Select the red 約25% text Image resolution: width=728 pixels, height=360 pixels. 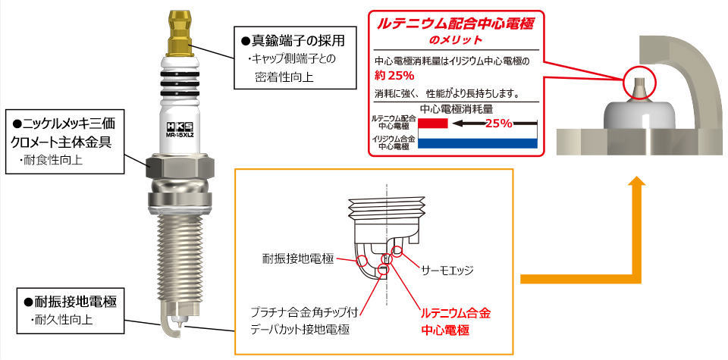click(x=394, y=76)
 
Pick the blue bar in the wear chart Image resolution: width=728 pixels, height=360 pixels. click(x=478, y=142)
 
